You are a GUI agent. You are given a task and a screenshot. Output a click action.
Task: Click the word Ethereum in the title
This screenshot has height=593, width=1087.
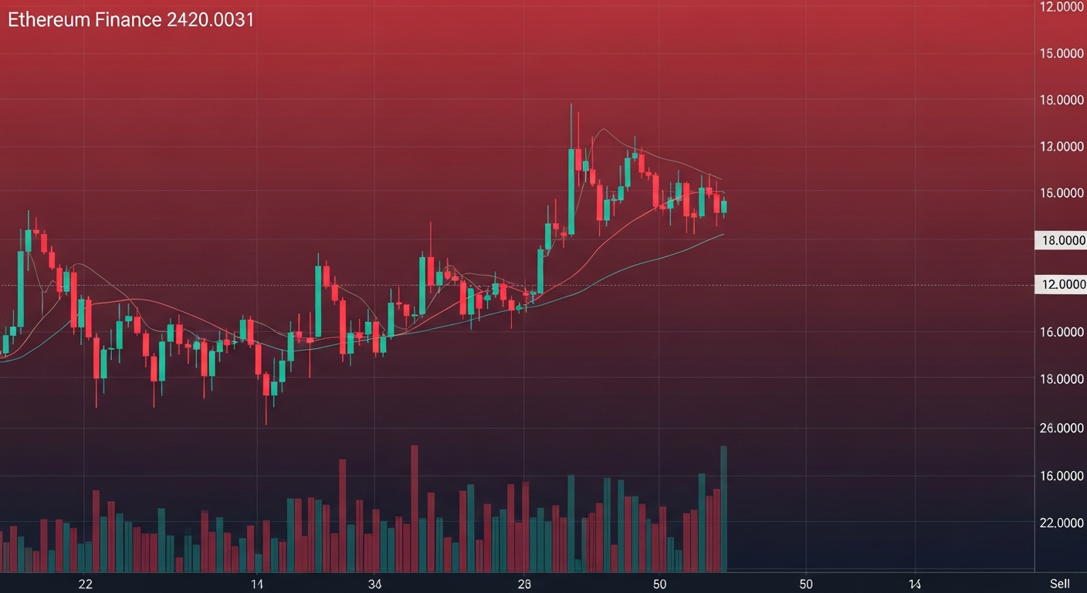49,21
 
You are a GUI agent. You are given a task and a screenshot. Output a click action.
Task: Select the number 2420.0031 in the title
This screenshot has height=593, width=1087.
210,21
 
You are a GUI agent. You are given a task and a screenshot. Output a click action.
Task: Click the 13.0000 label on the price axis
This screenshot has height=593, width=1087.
1061,147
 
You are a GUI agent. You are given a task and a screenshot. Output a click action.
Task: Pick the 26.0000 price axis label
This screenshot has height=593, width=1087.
1061,428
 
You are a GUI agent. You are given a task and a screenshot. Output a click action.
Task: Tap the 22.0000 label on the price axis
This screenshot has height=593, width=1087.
1061,523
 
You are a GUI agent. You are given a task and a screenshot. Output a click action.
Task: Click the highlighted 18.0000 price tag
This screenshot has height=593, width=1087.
1061,241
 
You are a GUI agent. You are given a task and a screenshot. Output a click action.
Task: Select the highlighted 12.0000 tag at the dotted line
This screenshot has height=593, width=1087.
1061,285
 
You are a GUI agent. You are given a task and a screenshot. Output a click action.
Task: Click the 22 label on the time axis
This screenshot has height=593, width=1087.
85,584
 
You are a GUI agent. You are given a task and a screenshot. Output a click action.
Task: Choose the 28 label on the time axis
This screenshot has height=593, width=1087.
524,584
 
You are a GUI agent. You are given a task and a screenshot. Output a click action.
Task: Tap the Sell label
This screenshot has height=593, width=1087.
1058,584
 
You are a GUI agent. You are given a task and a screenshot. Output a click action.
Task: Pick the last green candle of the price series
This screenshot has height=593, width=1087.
724,206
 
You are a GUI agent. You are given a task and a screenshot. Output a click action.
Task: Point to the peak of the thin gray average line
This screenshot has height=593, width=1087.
602,130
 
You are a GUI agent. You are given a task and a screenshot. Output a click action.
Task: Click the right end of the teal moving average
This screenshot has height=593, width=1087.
723,233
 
